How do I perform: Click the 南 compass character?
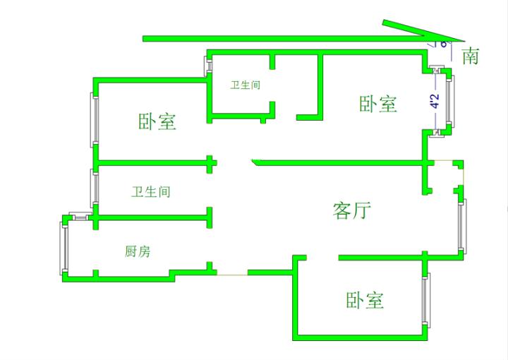pyautogui.click(x=470, y=56)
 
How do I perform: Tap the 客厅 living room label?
pyautogui.click(x=351, y=210)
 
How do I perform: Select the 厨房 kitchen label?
pyautogui.click(x=137, y=251)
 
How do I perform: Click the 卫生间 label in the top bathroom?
pyautogui.click(x=245, y=85)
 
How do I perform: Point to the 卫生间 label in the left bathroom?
pyautogui.click(x=151, y=191)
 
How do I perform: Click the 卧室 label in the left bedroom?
pyautogui.click(x=157, y=121)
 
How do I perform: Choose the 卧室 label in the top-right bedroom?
pyautogui.click(x=378, y=104)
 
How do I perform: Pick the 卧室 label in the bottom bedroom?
pyautogui.click(x=365, y=300)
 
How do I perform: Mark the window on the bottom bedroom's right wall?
pyautogui.click(x=425, y=299)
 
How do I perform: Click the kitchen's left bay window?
pyautogui.click(x=63, y=249)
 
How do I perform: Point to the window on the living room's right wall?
pyautogui.click(x=461, y=227)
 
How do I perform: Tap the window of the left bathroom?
pyautogui.click(x=93, y=187)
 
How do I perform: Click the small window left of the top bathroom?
pyautogui.click(x=208, y=64)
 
